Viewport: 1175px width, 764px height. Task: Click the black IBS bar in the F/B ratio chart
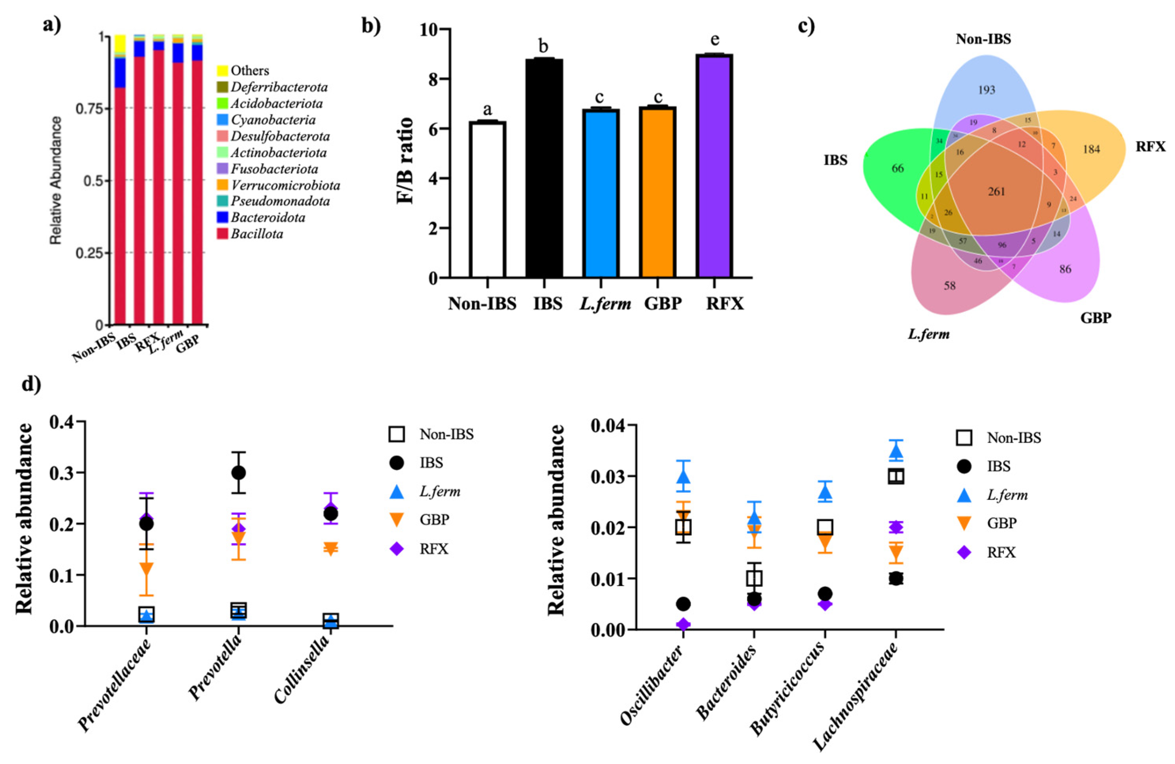pos(544,168)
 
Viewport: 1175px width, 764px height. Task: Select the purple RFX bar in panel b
pos(714,165)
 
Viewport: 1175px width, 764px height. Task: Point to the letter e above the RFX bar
pos(714,39)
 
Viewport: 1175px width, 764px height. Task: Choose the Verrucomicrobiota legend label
pos(285,186)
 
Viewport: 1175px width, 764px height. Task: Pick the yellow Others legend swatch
pos(223,71)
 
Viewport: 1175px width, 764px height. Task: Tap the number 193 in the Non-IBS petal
pos(987,90)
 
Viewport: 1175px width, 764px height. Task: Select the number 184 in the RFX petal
pos(1091,149)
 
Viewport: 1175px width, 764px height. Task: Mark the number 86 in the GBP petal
pos(1065,269)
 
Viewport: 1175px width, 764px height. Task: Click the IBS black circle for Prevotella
pos(239,473)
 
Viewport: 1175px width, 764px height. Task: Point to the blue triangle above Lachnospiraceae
pos(896,451)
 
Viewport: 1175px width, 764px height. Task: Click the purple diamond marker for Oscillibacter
pos(683,624)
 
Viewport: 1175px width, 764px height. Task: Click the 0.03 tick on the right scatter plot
pos(606,477)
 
